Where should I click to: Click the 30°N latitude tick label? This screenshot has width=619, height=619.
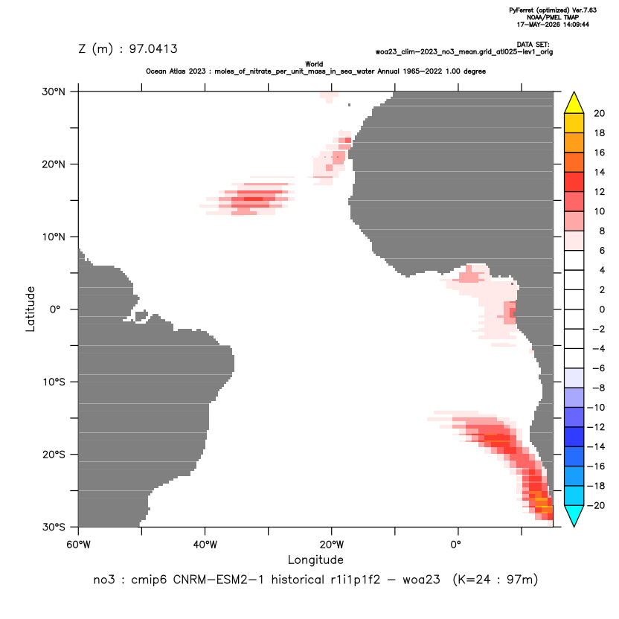coord(54,92)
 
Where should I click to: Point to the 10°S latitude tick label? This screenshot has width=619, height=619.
coord(54,382)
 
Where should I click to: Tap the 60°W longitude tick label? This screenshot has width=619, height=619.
coord(79,545)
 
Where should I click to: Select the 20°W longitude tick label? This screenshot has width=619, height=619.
coord(332,545)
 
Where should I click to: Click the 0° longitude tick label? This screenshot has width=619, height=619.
coord(456,545)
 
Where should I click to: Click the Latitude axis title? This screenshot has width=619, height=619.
coord(31,309)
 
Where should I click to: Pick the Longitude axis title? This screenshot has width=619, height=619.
coord(315,559)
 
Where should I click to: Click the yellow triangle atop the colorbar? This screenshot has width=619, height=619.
coord(574,103)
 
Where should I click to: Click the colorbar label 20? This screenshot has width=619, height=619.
coord(599,113)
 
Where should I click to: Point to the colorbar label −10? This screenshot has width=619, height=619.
coord(596,408)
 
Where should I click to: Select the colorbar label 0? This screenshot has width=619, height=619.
coord(602,309)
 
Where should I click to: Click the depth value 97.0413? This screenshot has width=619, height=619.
coord(153,48)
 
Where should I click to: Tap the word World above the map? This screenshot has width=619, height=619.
coord(314,64)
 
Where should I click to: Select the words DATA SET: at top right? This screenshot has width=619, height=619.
coord(533,45)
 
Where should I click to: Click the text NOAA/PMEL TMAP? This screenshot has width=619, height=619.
coord(553,17)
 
